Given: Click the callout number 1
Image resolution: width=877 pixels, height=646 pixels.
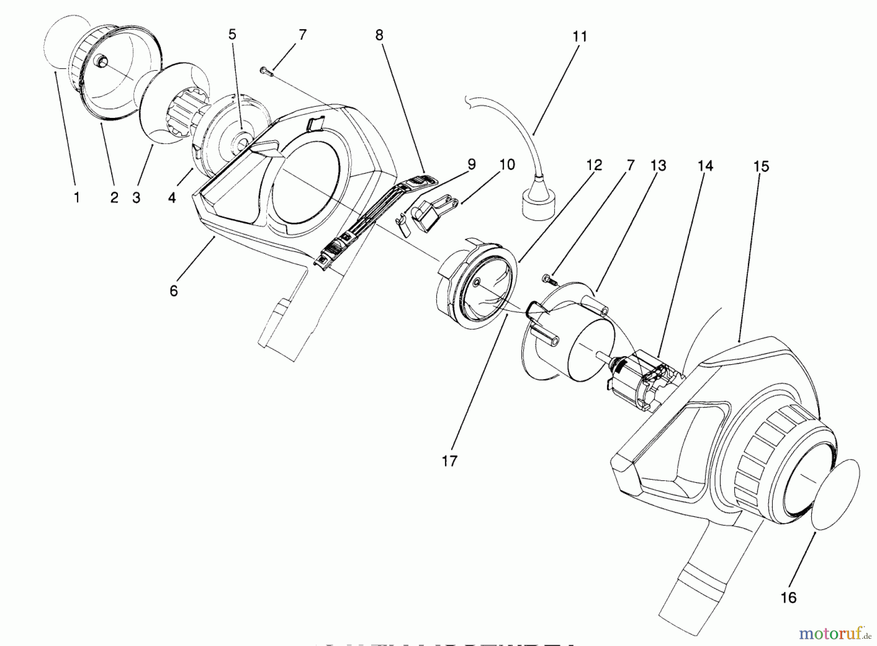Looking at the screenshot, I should click(x=76, y=198).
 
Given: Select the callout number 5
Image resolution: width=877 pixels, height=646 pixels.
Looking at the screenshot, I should click(x=232, y=35).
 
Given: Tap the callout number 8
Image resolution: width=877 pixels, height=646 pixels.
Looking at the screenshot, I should click(x=379, y=35).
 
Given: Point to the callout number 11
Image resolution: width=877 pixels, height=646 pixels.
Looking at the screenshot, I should click(x=580, y=37).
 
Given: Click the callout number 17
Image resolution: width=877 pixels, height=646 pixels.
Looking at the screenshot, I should click(x=450, y=460).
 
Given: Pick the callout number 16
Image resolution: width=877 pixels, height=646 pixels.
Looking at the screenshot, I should click(x=788, y=597).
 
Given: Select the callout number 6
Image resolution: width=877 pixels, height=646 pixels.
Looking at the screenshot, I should click(x=174, y=291).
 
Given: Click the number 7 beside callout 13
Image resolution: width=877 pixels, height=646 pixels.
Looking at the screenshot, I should click(x=630, y=166).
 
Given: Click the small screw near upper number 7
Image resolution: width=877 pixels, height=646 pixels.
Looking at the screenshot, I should click(x=265, y=72).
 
